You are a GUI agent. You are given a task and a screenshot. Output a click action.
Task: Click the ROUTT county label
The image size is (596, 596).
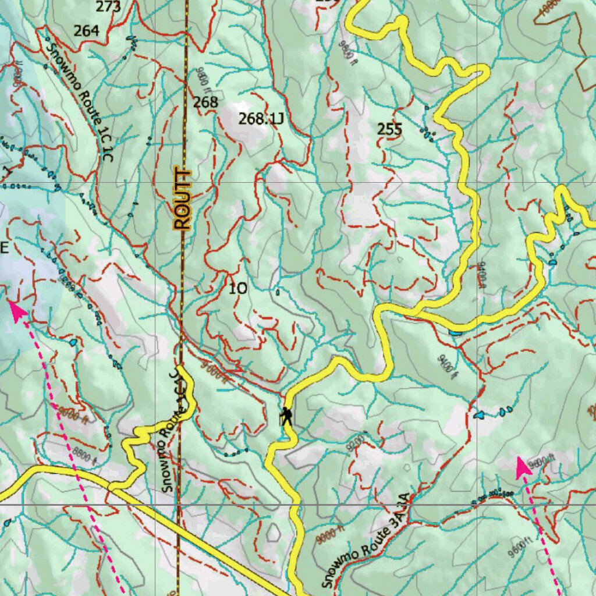coord(183,199)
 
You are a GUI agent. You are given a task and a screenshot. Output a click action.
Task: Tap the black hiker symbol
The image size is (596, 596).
coord(286,416)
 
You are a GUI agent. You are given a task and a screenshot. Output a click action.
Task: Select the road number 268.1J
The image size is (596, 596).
coord(261,119)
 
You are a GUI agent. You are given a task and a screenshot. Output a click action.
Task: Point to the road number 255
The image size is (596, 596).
coord(389,129)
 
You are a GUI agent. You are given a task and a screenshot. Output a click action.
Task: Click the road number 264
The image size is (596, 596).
coord(86,31)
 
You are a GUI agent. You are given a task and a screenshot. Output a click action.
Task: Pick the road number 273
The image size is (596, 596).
coord(108,7)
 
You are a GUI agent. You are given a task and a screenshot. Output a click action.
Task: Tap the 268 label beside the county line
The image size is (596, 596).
coord(205,102)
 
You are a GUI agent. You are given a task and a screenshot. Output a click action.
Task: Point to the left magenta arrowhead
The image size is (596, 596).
coord(17,310)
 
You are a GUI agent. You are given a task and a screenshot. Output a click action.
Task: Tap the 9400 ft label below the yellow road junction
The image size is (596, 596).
coord(445,366)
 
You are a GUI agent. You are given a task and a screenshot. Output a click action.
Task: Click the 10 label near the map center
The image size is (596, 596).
coord(237,288)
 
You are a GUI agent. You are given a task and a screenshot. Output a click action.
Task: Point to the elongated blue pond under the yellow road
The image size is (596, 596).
coord(455,333)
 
